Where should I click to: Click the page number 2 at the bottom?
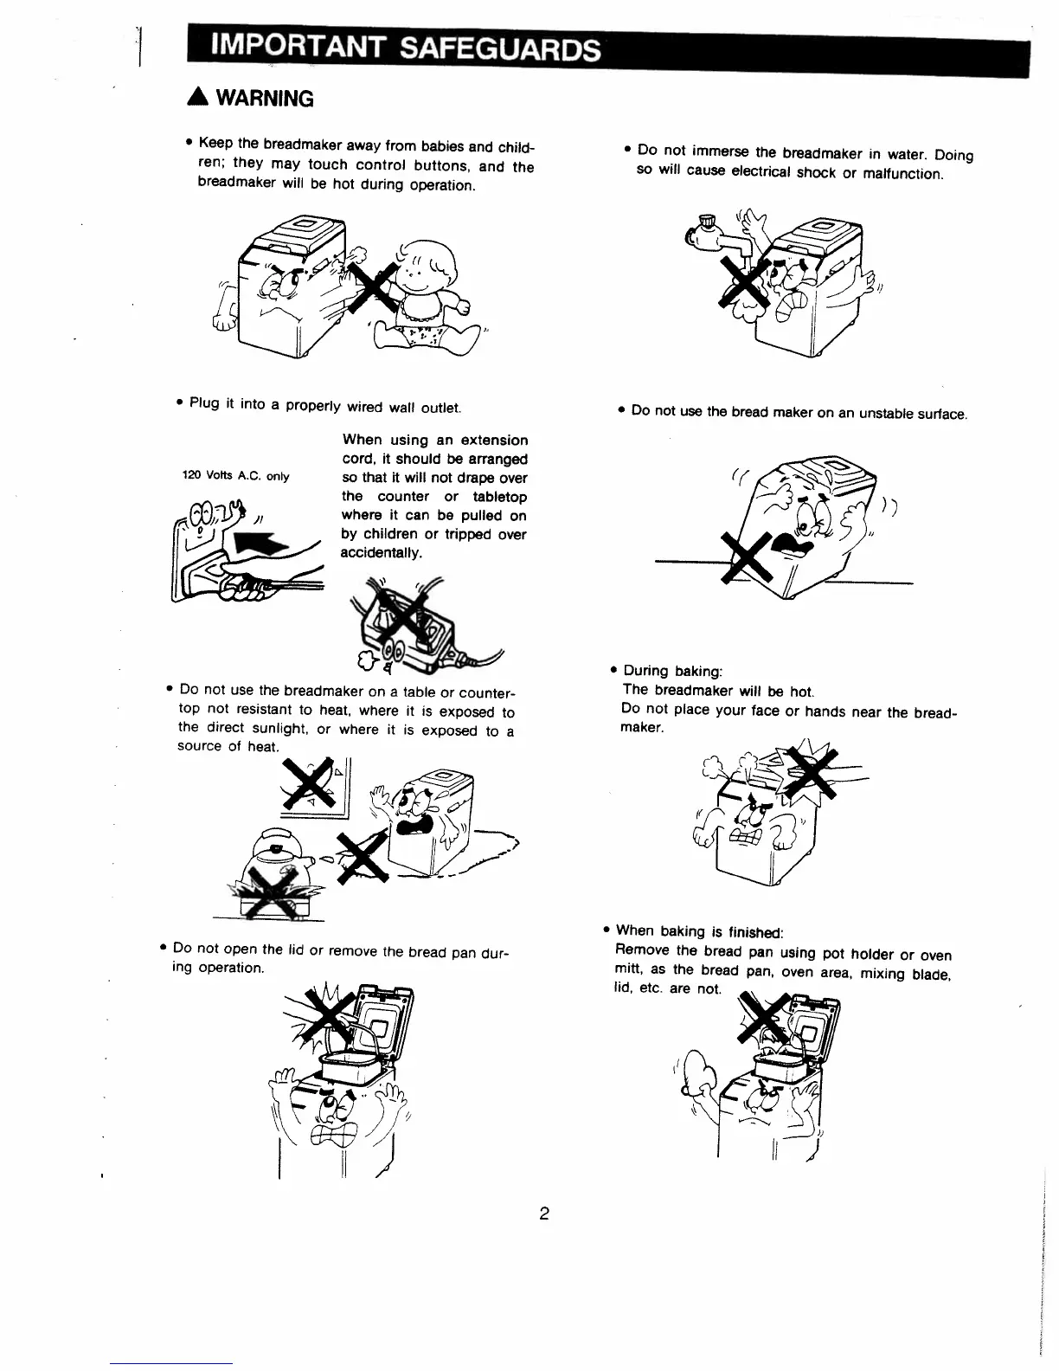[544, 1213]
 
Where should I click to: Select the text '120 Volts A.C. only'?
[235, 476]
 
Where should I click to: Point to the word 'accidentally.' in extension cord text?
[382, 553]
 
